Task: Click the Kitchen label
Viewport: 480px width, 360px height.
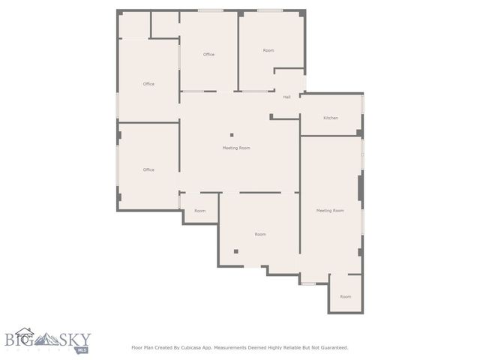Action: [x=331, y=118]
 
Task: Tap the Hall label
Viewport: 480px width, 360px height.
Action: [x=286, y=97]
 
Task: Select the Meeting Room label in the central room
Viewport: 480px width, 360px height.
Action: [x=236, y=148]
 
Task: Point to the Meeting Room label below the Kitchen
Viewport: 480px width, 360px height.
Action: [x=330, y=211]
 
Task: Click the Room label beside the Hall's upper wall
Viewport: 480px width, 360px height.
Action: [x=268, y=50]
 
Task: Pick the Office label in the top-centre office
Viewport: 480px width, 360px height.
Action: [x=208, y=54]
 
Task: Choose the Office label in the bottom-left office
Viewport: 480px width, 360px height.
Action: [x=148, y=169]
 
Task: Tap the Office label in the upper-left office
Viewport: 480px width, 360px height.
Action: [x=148, y=83]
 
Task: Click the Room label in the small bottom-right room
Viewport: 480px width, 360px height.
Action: [x=345, y=296]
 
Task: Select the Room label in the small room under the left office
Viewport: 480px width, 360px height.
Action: [x=200, y=211]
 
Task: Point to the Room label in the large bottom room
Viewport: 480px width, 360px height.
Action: [x=260, y=234]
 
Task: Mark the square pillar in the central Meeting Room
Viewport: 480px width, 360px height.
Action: [x=232, y=134]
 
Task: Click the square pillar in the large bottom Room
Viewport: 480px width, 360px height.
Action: [x=235, y=252]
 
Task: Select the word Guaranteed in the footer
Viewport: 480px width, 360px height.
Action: [x=332, y=347]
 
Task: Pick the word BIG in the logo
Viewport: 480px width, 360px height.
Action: [x=19, y=338]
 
